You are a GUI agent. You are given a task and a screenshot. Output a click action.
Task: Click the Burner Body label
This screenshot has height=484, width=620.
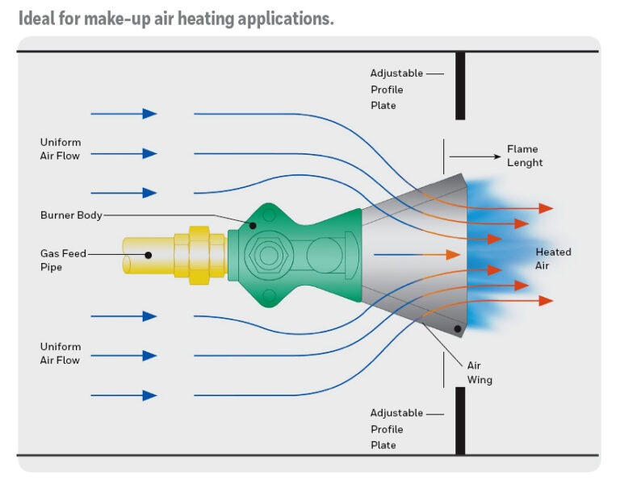71,215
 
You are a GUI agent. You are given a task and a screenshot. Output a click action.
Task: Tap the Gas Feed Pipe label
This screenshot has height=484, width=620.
63,260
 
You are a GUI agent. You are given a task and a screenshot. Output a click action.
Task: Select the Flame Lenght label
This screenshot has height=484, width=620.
525,156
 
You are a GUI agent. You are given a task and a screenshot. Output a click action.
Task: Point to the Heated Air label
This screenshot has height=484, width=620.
553,258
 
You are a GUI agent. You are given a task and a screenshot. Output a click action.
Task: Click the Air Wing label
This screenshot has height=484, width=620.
480,372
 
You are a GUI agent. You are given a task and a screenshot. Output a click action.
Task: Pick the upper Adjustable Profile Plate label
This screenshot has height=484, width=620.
396,90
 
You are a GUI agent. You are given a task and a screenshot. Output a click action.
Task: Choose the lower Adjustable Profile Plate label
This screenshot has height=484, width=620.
396,428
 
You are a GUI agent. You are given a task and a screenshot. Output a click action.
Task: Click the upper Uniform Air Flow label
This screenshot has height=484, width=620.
61,149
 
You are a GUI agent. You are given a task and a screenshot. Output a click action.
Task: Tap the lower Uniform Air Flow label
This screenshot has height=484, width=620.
61,353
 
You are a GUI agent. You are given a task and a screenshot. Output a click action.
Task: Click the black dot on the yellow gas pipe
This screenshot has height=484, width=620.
149,255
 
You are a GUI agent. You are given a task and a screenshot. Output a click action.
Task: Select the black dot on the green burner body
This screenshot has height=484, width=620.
253,226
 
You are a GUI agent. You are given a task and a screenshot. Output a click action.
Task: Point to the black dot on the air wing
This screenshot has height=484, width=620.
458,329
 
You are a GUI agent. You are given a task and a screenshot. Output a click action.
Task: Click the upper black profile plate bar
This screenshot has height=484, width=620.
460,86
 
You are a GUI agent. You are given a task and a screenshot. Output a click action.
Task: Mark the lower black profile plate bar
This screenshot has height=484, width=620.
460,421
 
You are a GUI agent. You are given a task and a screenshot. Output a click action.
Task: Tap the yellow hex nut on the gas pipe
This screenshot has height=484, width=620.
199,255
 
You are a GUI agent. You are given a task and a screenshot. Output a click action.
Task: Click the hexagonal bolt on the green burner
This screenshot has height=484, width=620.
269,255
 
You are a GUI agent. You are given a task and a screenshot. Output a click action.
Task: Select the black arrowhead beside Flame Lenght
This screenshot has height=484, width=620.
497,156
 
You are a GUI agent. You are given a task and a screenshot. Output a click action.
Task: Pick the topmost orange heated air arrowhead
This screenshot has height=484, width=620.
546,208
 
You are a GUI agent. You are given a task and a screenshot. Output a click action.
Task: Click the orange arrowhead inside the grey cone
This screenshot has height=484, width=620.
453,255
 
